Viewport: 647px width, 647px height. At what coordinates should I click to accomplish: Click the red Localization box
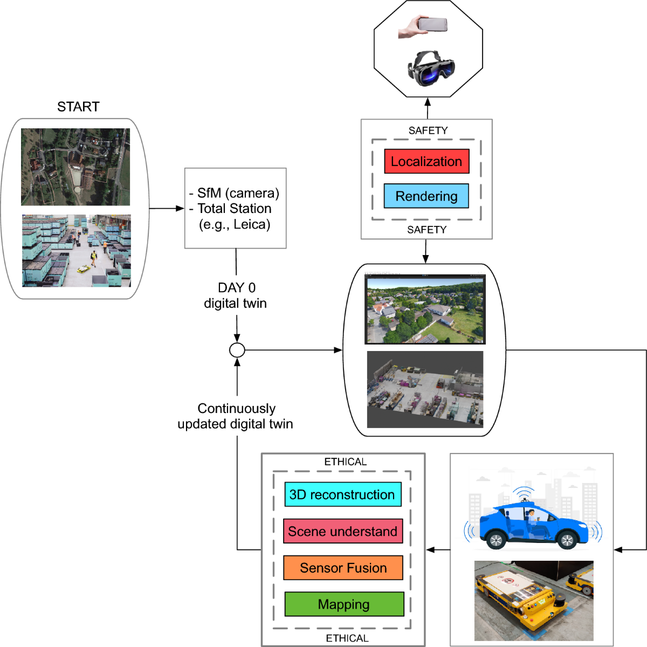click(x=426, y=161)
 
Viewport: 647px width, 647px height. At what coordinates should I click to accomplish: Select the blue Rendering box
click(x=426, y=196)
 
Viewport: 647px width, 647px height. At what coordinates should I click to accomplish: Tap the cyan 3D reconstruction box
click(x=343, y=494)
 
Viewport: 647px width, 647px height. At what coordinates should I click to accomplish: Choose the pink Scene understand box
click(x=343, y=531)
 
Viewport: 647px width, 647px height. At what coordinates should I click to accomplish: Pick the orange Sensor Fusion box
click(x=343, y=568)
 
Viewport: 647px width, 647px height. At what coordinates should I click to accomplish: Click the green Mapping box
click(x=344, y=604)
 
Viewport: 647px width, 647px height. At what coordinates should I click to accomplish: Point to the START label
click(x=78, y=107)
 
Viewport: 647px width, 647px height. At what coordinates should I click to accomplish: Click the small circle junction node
click(x=237, y=350)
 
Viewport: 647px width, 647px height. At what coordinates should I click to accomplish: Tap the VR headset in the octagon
click(x=431, y=68)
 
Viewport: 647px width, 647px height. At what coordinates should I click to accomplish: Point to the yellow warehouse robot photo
click(x=533, y=600)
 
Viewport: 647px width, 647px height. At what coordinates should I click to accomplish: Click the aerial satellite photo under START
click(x=75, y=167)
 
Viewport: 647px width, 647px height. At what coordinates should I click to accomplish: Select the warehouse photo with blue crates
click(x=76, y=251)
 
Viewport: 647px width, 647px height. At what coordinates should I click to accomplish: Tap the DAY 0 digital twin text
click(x=236, y=295)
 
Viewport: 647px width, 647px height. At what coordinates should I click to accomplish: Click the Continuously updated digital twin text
click(x=236, y=416)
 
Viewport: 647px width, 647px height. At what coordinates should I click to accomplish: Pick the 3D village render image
click(x=425, y=309)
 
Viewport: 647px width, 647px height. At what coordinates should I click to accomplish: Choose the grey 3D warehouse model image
click(x=425, y=389)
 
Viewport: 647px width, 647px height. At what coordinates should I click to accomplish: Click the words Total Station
click(x=234, y=209)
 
